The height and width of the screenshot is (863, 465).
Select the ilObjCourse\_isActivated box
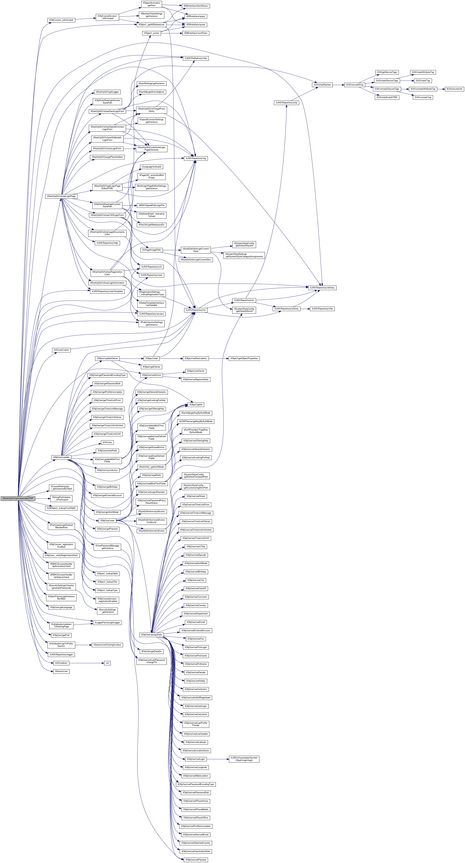click(61, 20)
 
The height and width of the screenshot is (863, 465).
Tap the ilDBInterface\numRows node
click(196, 33)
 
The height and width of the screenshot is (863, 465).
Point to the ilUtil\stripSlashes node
click(322, 85)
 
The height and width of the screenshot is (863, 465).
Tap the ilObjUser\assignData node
click(151, 635)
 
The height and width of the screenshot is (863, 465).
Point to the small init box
click(107, 663)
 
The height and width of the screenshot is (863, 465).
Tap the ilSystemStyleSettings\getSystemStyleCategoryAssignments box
click(244, 255)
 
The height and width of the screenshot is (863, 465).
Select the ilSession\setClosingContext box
click(107, 645)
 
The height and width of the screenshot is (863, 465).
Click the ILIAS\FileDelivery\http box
click(196, 58)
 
